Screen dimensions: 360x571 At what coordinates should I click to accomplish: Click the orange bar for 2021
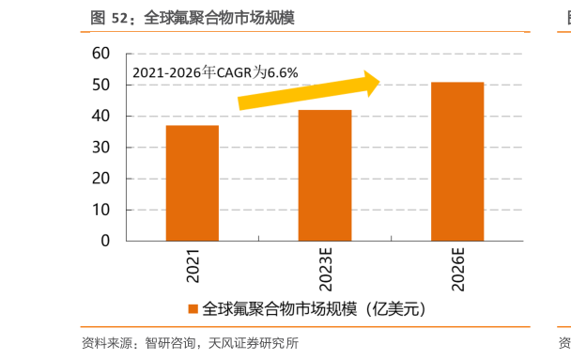192,183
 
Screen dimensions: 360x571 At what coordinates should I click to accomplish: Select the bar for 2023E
325,176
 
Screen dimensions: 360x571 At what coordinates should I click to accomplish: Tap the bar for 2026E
457,162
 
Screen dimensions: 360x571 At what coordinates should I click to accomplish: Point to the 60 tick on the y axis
101,55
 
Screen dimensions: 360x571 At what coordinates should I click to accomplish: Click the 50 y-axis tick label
101,86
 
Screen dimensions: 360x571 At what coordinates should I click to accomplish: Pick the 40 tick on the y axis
101,117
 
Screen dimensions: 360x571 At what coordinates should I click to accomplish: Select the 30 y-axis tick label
101,148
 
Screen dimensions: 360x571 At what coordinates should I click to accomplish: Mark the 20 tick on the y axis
101,179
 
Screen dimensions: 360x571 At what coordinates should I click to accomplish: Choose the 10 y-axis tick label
101,210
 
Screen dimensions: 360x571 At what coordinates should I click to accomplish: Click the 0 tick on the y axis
105,241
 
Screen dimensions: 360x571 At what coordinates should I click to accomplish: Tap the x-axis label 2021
193,266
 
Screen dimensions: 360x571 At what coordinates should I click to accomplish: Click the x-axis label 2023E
325,270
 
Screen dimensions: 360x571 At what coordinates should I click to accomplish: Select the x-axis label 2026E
458,270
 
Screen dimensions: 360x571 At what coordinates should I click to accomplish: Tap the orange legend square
193,308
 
